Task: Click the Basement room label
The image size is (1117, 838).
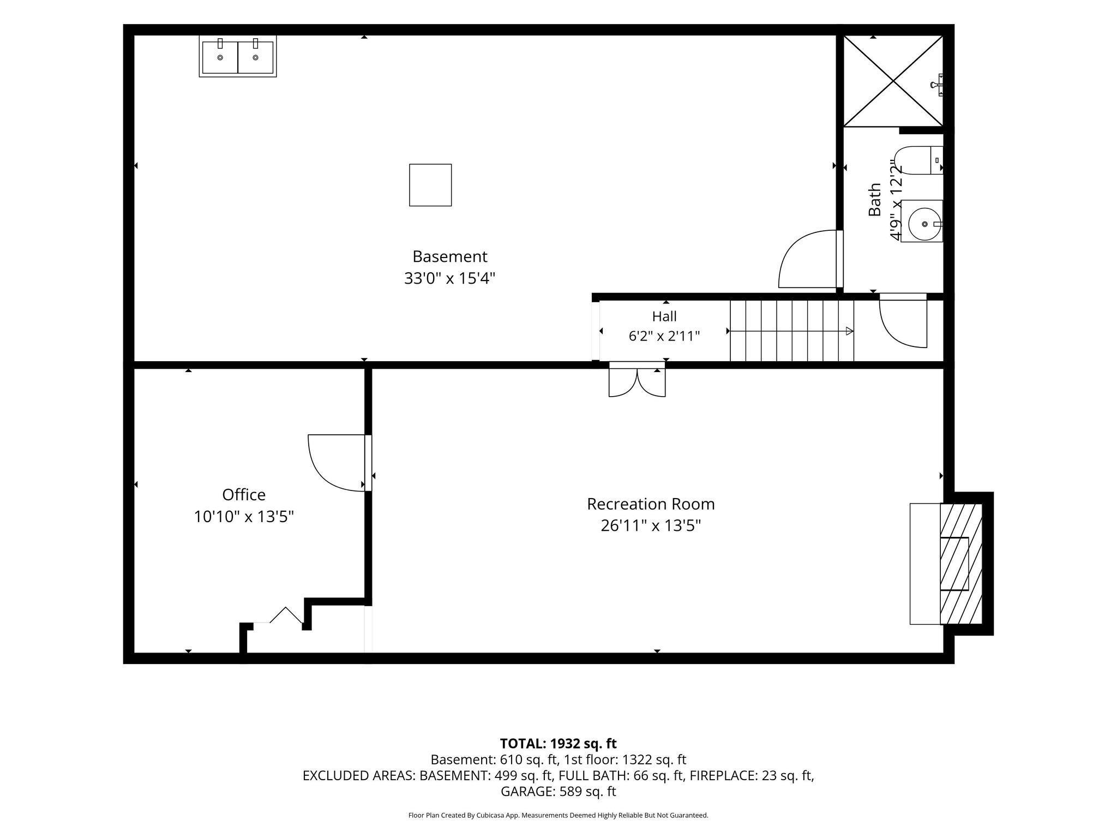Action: pyautogui.click(x=449, y=256)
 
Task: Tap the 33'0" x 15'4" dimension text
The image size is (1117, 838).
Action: pyautogui.click(x=449, y=278)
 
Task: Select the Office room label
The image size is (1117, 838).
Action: pyautogui.click(x=244, y=494)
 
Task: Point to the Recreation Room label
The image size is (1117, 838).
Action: pyautogui.click(x=651, y=504)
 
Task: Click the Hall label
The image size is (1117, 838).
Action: pyautogui.click(x=664, y=316)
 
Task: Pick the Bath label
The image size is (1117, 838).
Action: pyautogui.click(x=874, y=200)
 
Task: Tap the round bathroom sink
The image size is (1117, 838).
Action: pyautogui.click(x=922, y=221)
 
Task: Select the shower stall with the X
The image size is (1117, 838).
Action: pyautogui.click(x=893, y=81)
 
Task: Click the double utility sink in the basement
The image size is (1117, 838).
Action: pyautogui.click(x=238, y=56)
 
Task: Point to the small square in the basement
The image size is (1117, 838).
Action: pyautogui.click(x=430, y=185)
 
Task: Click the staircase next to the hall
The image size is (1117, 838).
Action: pyautogui.click(x=792, y=331)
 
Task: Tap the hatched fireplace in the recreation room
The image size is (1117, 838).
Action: pyautogui.click(x=961, y=564)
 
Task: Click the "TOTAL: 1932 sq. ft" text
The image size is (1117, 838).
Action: pyautogui.click(x=558, y=744)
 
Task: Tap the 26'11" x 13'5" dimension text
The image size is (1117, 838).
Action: pyautogui.click(x=651, y=525)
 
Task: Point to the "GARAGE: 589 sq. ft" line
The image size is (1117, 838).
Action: pyautogui.click(x=558, y=791)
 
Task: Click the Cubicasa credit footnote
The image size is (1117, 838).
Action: pyautogui.click(x=558, y=816)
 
